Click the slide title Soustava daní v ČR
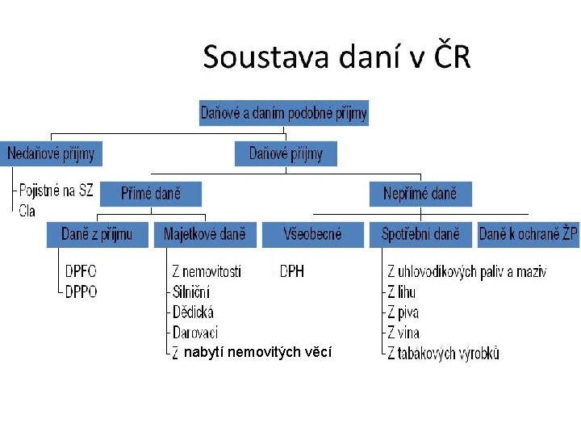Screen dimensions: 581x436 point(336,58)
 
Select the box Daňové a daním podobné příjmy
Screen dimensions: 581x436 point(283,113)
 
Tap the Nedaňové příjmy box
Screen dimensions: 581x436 point(52,153)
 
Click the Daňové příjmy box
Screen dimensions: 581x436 point(286,153)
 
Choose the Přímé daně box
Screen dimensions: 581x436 point(151,194)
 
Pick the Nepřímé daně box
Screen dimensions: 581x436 point(420,194)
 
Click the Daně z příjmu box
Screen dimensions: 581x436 point(97,234)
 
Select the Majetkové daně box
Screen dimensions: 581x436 point(205,234)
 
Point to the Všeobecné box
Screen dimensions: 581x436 point(312,234)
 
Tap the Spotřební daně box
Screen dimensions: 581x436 point(420,234)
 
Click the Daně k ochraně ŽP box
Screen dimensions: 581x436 point(528,234)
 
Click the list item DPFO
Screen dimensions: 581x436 point(81,272)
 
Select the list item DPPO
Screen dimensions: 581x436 point(81,291)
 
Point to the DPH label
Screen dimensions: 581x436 point(292,272)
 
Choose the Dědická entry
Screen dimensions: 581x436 point(193,312)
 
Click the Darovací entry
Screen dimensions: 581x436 point(194,332)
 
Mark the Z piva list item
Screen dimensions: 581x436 point(403,312)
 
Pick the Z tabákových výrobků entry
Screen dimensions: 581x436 point(443,353)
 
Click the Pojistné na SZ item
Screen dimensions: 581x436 point(56,191)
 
